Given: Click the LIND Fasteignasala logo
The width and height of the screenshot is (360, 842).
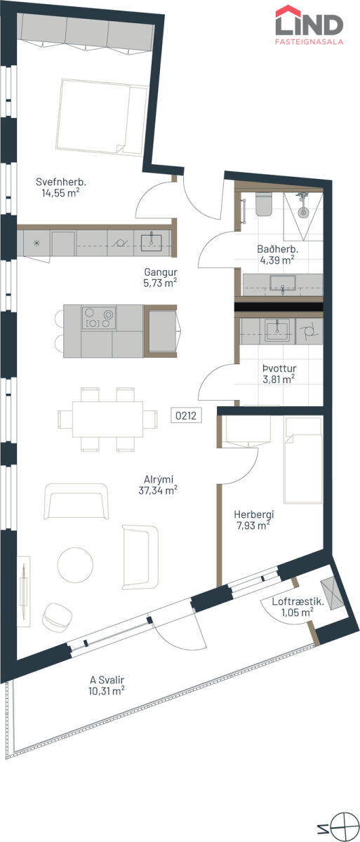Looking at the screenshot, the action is [x=309, y=25].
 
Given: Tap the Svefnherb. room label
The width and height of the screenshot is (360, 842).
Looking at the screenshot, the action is [x=61, y=182].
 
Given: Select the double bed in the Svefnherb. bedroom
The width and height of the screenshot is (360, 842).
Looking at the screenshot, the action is [x=102, y=117].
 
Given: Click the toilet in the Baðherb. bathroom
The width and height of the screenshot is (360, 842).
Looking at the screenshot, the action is [x=263, y=204].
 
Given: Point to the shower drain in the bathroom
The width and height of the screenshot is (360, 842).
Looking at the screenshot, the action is [x=302, y=213].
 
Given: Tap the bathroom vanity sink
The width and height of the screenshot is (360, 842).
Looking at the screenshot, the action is [x=283, y=283].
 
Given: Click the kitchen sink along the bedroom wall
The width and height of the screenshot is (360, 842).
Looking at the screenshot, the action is [x=151, y=243].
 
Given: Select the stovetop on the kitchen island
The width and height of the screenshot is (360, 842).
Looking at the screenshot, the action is [x=99, y=318].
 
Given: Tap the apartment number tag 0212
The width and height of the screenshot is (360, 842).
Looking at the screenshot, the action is [x=186, y=415].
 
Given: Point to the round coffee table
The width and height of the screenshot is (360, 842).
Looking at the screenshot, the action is [x=75, y=565].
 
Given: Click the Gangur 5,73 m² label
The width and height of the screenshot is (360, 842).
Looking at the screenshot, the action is [x=160, y=277].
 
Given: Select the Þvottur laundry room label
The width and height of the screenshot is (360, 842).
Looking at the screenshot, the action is [x=279, y=368].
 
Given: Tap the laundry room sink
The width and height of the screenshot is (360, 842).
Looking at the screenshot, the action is [x=277, y=330].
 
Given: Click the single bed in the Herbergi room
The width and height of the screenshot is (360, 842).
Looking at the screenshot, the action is [x=303, y=460].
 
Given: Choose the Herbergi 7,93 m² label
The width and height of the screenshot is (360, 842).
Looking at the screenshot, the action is [x=253, y=520].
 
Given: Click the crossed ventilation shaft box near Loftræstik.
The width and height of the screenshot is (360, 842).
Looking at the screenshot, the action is [x=332, y=593].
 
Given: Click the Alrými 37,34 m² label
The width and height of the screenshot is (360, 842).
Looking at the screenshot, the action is [x=158, y=485].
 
